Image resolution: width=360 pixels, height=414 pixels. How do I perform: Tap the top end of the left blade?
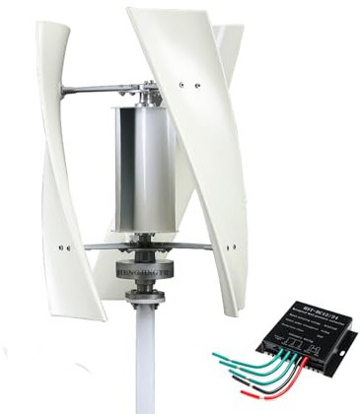[44, 25]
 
